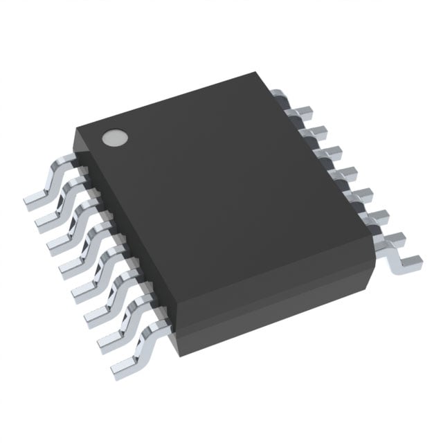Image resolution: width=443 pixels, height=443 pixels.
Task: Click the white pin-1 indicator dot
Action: [115, 138]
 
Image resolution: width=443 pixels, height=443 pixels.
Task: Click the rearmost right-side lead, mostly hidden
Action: [277, 93]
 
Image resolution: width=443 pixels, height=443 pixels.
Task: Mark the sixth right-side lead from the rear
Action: [360, 194]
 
